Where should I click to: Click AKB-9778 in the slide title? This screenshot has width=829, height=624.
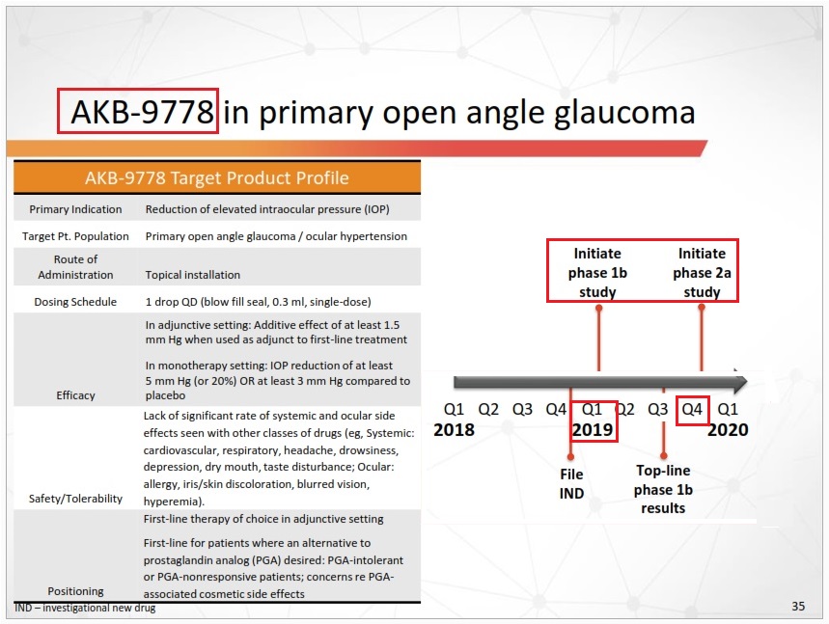pos(137,112)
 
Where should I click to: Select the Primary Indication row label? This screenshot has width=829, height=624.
pos(75,208)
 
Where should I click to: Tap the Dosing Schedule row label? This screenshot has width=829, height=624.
pos(75,302)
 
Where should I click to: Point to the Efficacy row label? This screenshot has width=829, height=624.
pos(75,394)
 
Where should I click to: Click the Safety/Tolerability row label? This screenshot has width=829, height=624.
pos(75,499)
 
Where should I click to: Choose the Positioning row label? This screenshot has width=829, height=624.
pos(75,590)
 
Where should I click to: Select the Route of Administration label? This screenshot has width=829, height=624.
pos(75,267)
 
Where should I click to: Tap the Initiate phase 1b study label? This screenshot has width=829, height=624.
pos(599,273)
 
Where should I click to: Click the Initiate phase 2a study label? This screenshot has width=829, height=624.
pos(702,273)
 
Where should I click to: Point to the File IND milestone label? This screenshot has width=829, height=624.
pos(571,483)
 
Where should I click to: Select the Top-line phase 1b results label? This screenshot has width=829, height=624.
pos(663,490)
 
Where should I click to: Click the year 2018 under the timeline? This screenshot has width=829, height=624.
pos(454,430)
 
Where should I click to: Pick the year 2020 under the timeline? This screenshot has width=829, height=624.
pos(728,430)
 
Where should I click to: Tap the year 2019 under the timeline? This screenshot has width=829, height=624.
pos(593,430)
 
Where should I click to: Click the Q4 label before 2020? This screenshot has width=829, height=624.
pos(693,409)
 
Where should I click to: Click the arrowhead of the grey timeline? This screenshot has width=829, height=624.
pos(739,383)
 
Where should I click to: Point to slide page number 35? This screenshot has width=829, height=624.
pos(798,607)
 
